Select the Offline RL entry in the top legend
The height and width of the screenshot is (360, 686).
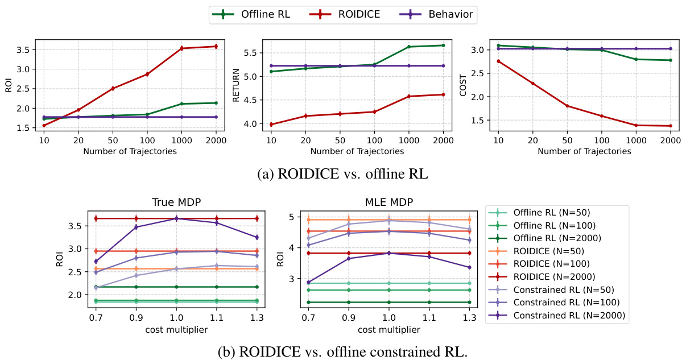tap(265, 15)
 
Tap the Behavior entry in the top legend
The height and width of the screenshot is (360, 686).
tap(451, 15)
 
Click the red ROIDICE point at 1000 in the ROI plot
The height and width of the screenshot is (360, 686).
tap(181, 48)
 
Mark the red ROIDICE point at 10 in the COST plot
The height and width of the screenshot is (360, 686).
tap(498, 61)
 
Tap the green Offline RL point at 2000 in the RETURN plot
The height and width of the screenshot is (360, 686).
tap(443, 45)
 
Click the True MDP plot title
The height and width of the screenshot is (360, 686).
tap(176, 202)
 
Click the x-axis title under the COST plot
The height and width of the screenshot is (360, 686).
tap(584, 151)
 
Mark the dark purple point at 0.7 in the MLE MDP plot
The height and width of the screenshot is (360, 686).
tap(308, 282)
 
